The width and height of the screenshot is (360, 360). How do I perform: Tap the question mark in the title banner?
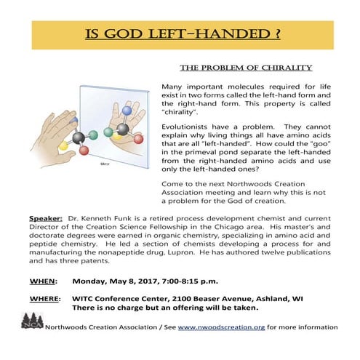pyautogui.click(x=276, y=34)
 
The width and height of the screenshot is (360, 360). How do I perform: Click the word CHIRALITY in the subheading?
pyautogui.click(x=284, y=68)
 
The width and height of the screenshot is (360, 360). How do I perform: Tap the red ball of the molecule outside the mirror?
pyautogui.click(x=84, y=151)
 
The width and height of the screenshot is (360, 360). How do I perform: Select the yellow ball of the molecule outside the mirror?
pyautogui.click(x=65, y=145)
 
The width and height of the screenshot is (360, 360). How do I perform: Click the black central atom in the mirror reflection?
pyautogui.click(x=122, y=129)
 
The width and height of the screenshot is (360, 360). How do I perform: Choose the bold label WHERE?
pyautogui.click(x=45, y=297)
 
